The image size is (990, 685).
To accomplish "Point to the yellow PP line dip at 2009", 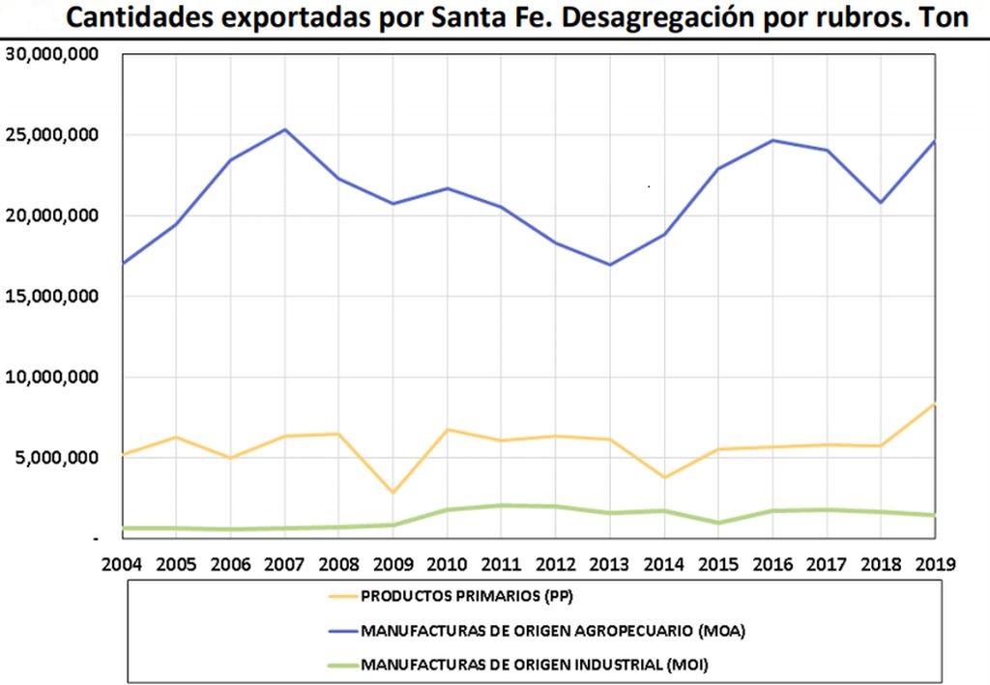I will click(x=393, y=493).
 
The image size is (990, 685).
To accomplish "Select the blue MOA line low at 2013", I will click(x=610, y=265).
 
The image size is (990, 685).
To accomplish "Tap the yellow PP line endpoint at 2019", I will click(x=935, y=404).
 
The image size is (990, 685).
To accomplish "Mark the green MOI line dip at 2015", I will click(x=717, y=523).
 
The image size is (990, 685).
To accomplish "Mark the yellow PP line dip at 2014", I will click(x=664, y=477).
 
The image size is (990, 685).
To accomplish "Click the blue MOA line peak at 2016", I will click(x=772, y=140).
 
